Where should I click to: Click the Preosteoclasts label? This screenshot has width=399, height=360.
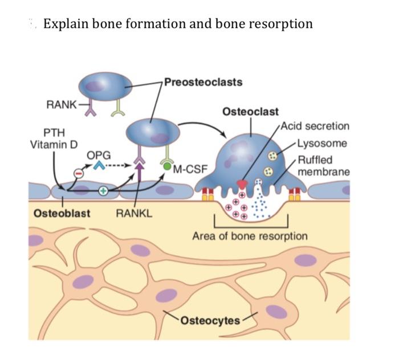pyautogui.click(x=203, y=81)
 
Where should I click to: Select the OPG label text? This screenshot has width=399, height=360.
pyautogui.click(x=99, y=155)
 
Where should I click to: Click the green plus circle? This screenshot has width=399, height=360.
pyautogui.click(x=103, y=191)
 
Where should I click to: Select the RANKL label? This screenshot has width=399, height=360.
pyautogui.click(x=130, y=214)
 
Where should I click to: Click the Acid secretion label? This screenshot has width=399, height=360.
pyautogui.click(x=315, y=126)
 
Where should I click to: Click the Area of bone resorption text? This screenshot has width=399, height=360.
pyautogui.click(x=250, y=236)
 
